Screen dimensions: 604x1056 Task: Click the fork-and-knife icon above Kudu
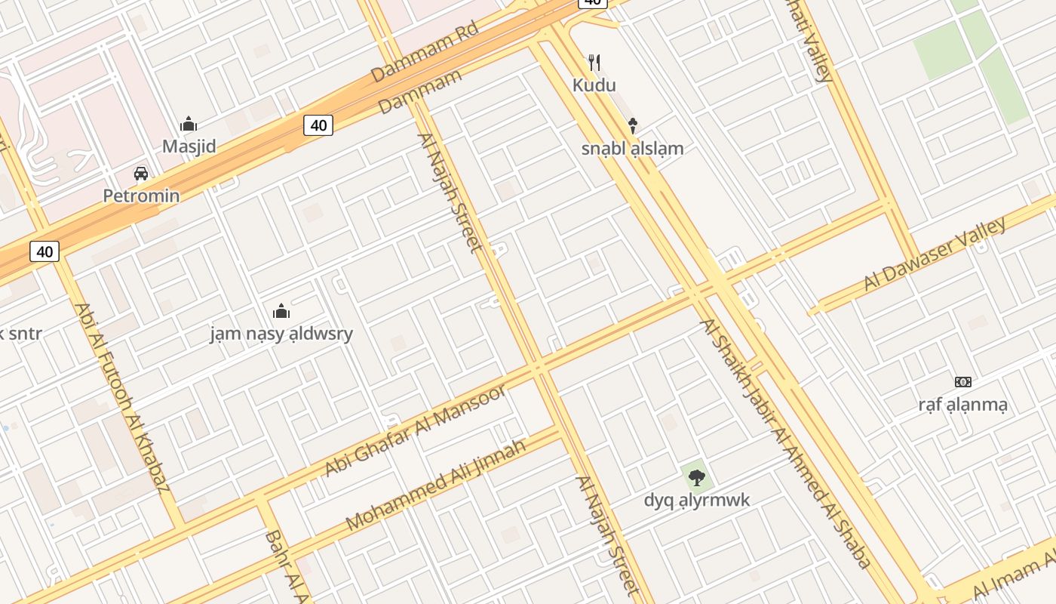click(x=594, y=62)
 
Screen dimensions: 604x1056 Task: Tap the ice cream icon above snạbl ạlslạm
click(x=633, y=125)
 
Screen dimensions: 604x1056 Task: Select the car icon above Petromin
click(x=141, y=174)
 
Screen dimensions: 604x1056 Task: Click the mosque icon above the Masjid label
click(x=189, y=124)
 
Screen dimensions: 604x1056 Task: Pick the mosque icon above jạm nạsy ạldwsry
click(x=281, y=310)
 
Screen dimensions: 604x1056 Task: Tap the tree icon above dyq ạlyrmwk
click(x=697, y=476)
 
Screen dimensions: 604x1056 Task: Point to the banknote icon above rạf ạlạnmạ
click(x=962, y=382)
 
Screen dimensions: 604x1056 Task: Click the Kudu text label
click(x=594, y=85)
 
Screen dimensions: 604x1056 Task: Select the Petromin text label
click(x=141, y=196)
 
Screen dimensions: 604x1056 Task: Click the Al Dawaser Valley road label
click(x=935, y=254)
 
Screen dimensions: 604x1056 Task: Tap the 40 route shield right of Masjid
click(x=318, y=125)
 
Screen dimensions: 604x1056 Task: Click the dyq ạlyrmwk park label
click(x=697, y=500)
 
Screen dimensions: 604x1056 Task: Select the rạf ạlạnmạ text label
click(x=962, y=405)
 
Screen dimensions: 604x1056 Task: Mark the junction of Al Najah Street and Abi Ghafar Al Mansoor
click(x=537, y=368)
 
